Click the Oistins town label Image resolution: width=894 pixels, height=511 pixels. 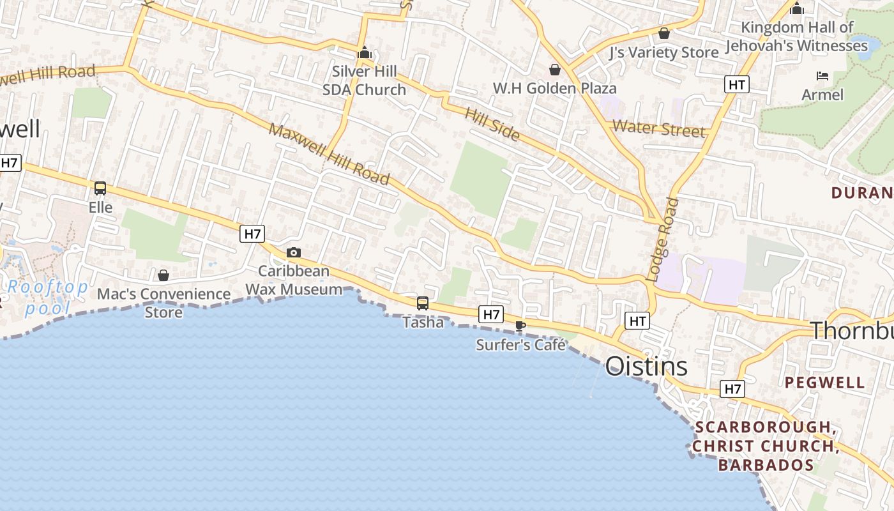coord(646,367)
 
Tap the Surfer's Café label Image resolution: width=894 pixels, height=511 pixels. coord(521,345)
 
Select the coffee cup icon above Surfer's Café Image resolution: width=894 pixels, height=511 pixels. coord(520,326)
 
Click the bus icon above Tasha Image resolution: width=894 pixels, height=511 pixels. coord(423,303)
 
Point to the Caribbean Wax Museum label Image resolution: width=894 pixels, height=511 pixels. coord(294,280)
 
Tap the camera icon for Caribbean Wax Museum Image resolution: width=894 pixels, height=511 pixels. coord(294,253)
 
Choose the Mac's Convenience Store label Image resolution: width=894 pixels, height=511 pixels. coord(163,303)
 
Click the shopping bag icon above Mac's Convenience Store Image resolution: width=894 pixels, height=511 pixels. coord(163,275)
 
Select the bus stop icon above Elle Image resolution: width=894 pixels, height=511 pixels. coord(100,188)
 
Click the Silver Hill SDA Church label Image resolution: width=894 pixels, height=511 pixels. coord(364,80)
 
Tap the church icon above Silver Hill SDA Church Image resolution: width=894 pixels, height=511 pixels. coord(365,53)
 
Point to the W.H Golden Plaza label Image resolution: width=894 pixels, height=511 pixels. coord(555,88)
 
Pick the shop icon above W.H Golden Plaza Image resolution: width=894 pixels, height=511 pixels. coord(555,70)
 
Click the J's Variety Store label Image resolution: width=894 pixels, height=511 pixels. coord(664,52)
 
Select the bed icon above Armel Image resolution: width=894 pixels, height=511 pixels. coord(822,77)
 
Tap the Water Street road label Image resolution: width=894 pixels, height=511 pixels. coord(659,128)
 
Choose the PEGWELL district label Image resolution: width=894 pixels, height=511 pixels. coord(825,383)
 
